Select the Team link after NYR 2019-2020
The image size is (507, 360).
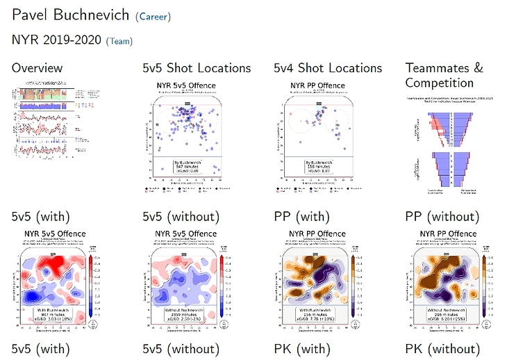click(119, 41)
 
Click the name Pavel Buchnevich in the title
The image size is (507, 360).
click(70, 15)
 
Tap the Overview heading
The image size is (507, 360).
click(37, 68)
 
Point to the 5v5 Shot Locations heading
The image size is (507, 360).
click(197, 68)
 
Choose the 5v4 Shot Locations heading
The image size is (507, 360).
click(328, 68)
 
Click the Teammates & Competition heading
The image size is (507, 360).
click(444, 75)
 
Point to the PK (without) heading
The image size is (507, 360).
click(442, 349)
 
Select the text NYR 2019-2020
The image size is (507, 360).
click(56, 40)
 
